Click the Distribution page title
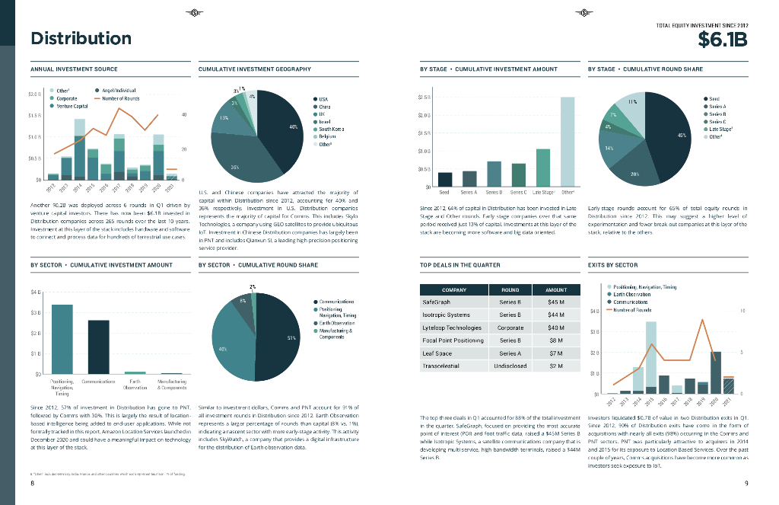pyautogui.click(x=81, y=38)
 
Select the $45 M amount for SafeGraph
pyautogui.click(x=556, y=302)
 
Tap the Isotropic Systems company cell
pyautogui.click(x=446, y=315)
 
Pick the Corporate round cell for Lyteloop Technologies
pyautogui.click(x=510, y=328)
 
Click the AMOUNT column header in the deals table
pyautogui.click(x=556, y=289)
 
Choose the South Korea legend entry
pyautogui.click(x=331, y=129)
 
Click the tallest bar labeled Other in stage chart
pyautogui.click(x=567, y=141)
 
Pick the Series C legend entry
pyautogui.click(x=717, y=122)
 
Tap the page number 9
pyautogui.click(x=747, y=484)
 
